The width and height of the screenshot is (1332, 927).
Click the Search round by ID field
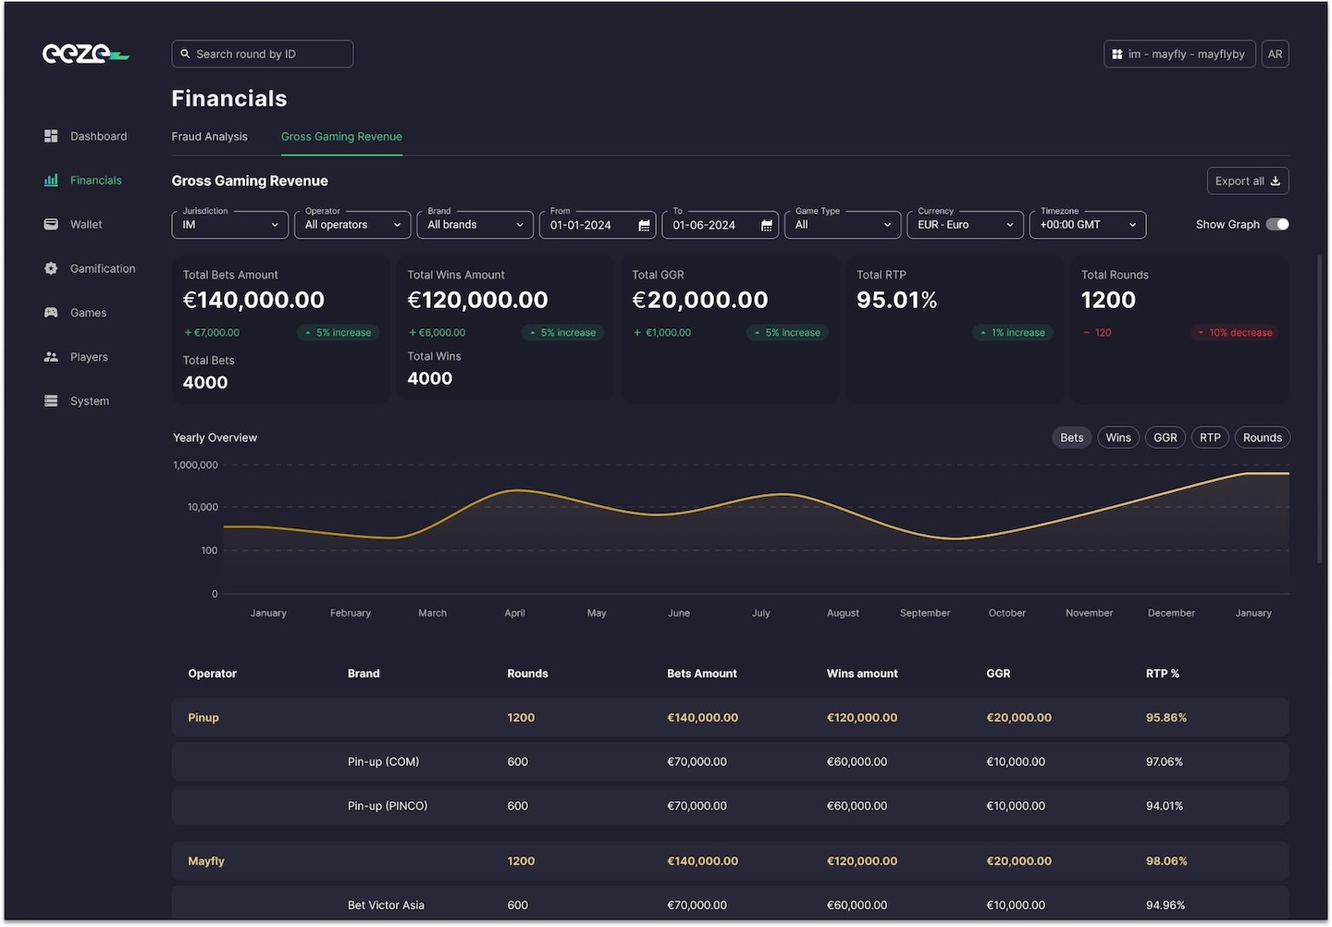pyautogui.click(x=262, y=54)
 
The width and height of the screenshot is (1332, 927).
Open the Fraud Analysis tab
pyautogui.click(x=209, y=137)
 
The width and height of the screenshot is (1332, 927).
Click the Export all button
pyautogui.click(x=1247, y=181)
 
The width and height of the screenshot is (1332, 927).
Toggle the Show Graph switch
pyautogui.click(x=1276, y=225)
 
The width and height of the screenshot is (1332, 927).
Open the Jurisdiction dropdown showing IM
pyautogui.click(x=229, y=225)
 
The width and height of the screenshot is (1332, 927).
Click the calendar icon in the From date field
pyautogui.click(x=644, y=226)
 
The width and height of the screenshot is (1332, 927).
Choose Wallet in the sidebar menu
pyautogui.click(x=86, y=225)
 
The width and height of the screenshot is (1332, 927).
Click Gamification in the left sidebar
pyautogui.click(x=102, y=269)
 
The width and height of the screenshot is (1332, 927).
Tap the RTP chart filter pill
pyautogui.click(x=1210, y=438)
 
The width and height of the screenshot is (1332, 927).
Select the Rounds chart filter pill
pyautogui.click(x=1262, y=438)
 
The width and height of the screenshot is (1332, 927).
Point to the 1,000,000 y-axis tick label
pyautogui.click(x=195, y=465)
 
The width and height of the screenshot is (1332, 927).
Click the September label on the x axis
pyautogui.click(x=924, y=613)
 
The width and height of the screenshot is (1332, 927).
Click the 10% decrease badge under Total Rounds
pyautogui.click(x=1234, y=333)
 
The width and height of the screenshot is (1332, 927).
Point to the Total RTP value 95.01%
pyautogui.click(x=896, y=301)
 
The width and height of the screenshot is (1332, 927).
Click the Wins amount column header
pyautogui.click(x=862, y=674)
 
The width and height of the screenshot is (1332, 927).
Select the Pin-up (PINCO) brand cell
pyautogui.click(x=388, y=806)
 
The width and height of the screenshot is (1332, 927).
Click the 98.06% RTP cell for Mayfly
pyautogui.click(x=1165, y=861)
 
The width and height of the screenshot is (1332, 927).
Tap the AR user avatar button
pyautogui.click(x=1275, y=55)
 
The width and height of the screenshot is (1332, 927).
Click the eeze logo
pyautogui.click(x=85, y=54)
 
